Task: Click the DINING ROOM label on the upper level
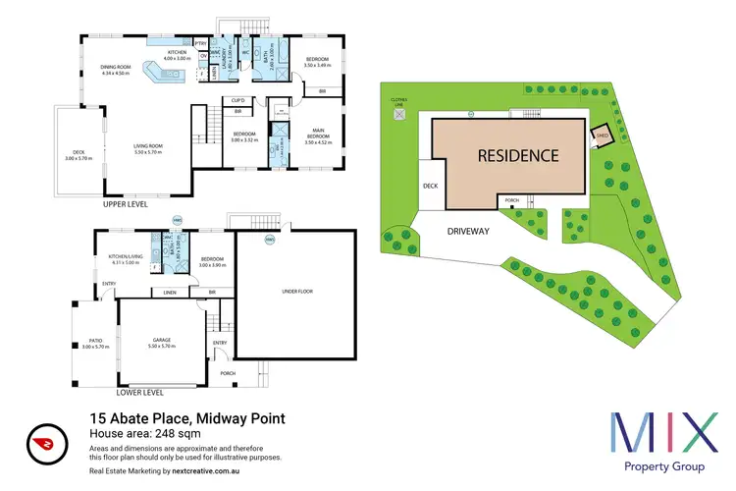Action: point(115,68)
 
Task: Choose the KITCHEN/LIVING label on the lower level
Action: point(126,257)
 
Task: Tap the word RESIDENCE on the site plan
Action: point(519,155)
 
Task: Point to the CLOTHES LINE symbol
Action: point(399,113)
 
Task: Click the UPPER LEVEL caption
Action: point(126,207)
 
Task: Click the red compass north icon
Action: point(42,440)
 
